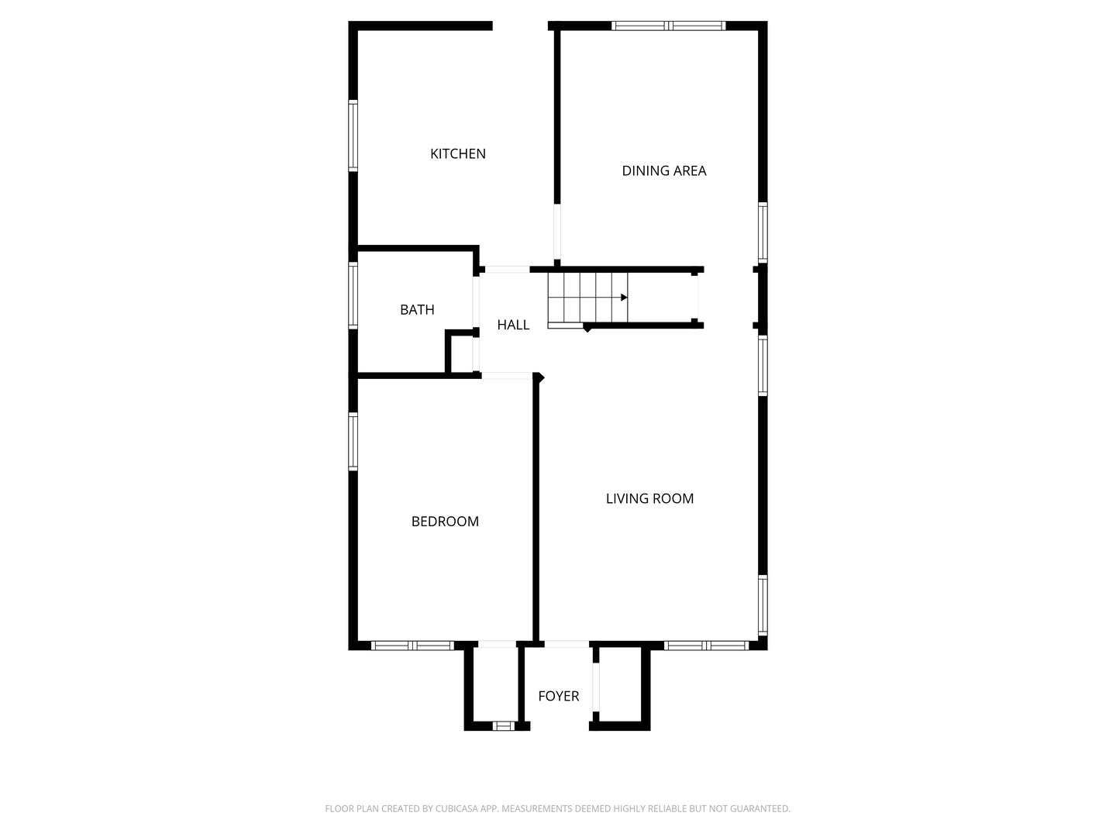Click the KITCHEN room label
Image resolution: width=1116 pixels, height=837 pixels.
tap(458, 153)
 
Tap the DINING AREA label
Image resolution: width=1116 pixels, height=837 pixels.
tap(664, 170)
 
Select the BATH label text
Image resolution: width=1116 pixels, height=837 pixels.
tap(417, 309)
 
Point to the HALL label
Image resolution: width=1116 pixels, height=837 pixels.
tap(513, 325)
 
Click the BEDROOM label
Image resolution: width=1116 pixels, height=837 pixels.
tap(445, 522)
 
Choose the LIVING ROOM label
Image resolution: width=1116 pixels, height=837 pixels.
tap(649, 498)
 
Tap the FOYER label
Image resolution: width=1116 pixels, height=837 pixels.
tap(558, 696)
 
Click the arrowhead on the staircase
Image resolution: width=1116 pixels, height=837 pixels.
tap(624, 297)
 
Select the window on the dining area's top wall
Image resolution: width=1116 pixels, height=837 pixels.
tap(668, 26)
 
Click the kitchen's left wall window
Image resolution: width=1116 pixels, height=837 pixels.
tap(353, 136)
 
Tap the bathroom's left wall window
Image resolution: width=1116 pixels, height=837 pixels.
tap(353, 295)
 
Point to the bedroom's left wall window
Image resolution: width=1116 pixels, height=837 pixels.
tap(353, 442)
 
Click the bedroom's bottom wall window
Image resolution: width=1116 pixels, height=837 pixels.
tap(412, 645)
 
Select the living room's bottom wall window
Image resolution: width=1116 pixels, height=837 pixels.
tap(706, 645)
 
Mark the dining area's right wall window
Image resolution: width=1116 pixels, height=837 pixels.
tap(763, 232)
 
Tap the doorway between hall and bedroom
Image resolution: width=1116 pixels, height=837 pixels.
tap(507, 376)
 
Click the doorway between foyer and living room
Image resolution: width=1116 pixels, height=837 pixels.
tap(567, 644)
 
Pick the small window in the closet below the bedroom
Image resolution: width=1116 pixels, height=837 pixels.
tap(504, 726)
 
